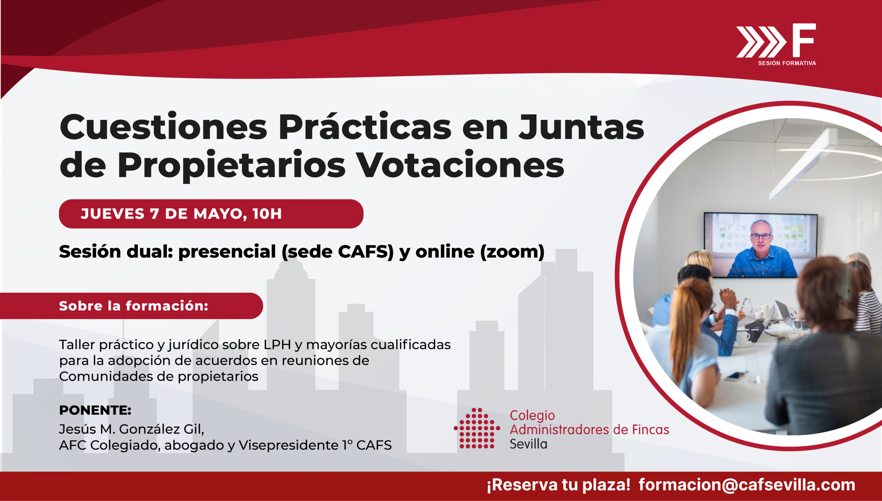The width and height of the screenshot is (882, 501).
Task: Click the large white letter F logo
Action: pyautogui.click(x=803, y=40)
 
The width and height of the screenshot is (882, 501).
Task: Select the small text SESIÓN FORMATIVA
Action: pyautogui.click(x=787, y=63)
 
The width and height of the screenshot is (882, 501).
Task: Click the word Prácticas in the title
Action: pyautogui.click(x=365, y=126)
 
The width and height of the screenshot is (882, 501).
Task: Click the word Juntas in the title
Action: pyautogui.click(x=581, y=127)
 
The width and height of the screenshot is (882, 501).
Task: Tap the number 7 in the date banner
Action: pyautogui.click(x=154, y=214)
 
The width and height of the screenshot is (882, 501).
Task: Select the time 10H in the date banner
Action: pyautogui.click(x=267, y=214)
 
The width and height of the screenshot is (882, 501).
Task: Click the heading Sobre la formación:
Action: pyautogui.click(x=134, y=306)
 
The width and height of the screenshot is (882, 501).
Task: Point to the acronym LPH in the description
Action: pyautogui.click(x=277, y=345)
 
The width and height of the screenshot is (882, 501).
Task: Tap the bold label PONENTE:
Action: pyautogui.click(x=95, y=410)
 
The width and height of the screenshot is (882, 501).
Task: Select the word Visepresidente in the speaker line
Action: pyautogui.click(x=288, y=445)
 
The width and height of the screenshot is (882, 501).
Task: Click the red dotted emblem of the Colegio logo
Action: pyautogui.click(x=477, y=428)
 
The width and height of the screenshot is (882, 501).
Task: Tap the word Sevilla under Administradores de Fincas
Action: pyautogui.click(x=529, y=444)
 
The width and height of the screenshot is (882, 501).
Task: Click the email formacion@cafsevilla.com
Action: pyautogui.click(x=747, y=485)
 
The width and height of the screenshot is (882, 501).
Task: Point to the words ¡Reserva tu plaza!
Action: pyautogui.click(x=558, y=485)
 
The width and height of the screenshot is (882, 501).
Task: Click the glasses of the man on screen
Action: pyautogui.click(x=761, y=236)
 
